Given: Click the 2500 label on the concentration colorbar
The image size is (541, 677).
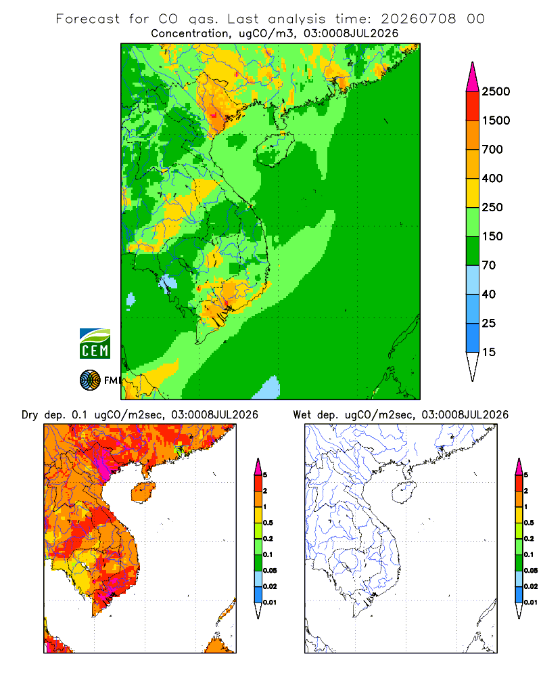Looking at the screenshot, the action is pyautogui.click(x=496, y=91).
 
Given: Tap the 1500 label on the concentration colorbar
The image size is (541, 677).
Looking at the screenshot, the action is pyautogui.click(x=496, y=121).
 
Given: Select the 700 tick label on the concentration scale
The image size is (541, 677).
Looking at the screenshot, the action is pyautogui.click(x=492, y=150).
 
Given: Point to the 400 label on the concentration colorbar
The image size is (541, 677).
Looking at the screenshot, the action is pyautogui.click(x=492, y=178).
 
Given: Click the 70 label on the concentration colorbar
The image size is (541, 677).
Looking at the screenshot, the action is pyautogui.click(x=489, y=265).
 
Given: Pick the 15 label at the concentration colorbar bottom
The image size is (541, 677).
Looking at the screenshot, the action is pyautogui.click(x=489, y=352).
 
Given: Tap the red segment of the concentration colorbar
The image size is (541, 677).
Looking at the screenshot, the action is pyautogui.click(x=473, y=106).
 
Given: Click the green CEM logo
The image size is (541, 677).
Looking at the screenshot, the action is pyautogui.click(x=95, y=344).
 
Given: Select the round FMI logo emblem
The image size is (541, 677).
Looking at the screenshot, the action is pyautogui.click(x=90, y=380).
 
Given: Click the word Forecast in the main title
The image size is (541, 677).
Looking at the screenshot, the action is pyautogui.click(x=88, y=19).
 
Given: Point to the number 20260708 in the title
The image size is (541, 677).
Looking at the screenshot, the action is pyautogui.click(x=419, y=19).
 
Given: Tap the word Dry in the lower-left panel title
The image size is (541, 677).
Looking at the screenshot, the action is pyautogui.click(x=30, y=415).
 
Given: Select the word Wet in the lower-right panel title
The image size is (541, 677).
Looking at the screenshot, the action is pyautogui.click(x=302, y=415).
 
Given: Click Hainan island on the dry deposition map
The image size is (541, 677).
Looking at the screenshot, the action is pyautogui.click(x=143, y=492).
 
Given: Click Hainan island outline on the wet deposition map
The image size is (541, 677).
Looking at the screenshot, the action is pyautogui.click(x=404, y=492).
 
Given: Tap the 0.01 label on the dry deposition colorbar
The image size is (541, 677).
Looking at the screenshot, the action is pyautogui.click(x=270, y=603).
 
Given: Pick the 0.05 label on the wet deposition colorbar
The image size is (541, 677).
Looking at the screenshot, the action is pyautogui.click(x=531, y=570).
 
